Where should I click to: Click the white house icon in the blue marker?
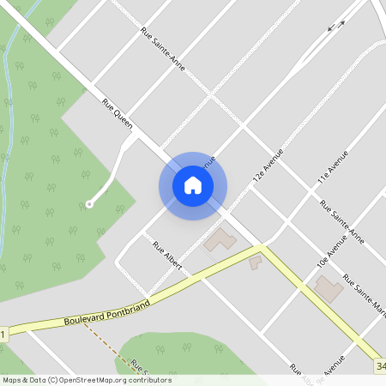[193, 185]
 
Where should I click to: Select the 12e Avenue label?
[268, 166]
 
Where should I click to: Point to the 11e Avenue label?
[332, 168]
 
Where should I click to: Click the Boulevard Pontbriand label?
[107, 314]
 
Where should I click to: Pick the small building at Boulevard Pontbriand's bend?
[256, 262]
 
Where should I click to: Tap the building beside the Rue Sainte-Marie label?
[329, 288]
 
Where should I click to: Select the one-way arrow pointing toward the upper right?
[340, 23]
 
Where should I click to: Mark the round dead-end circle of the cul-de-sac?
[88, 204]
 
